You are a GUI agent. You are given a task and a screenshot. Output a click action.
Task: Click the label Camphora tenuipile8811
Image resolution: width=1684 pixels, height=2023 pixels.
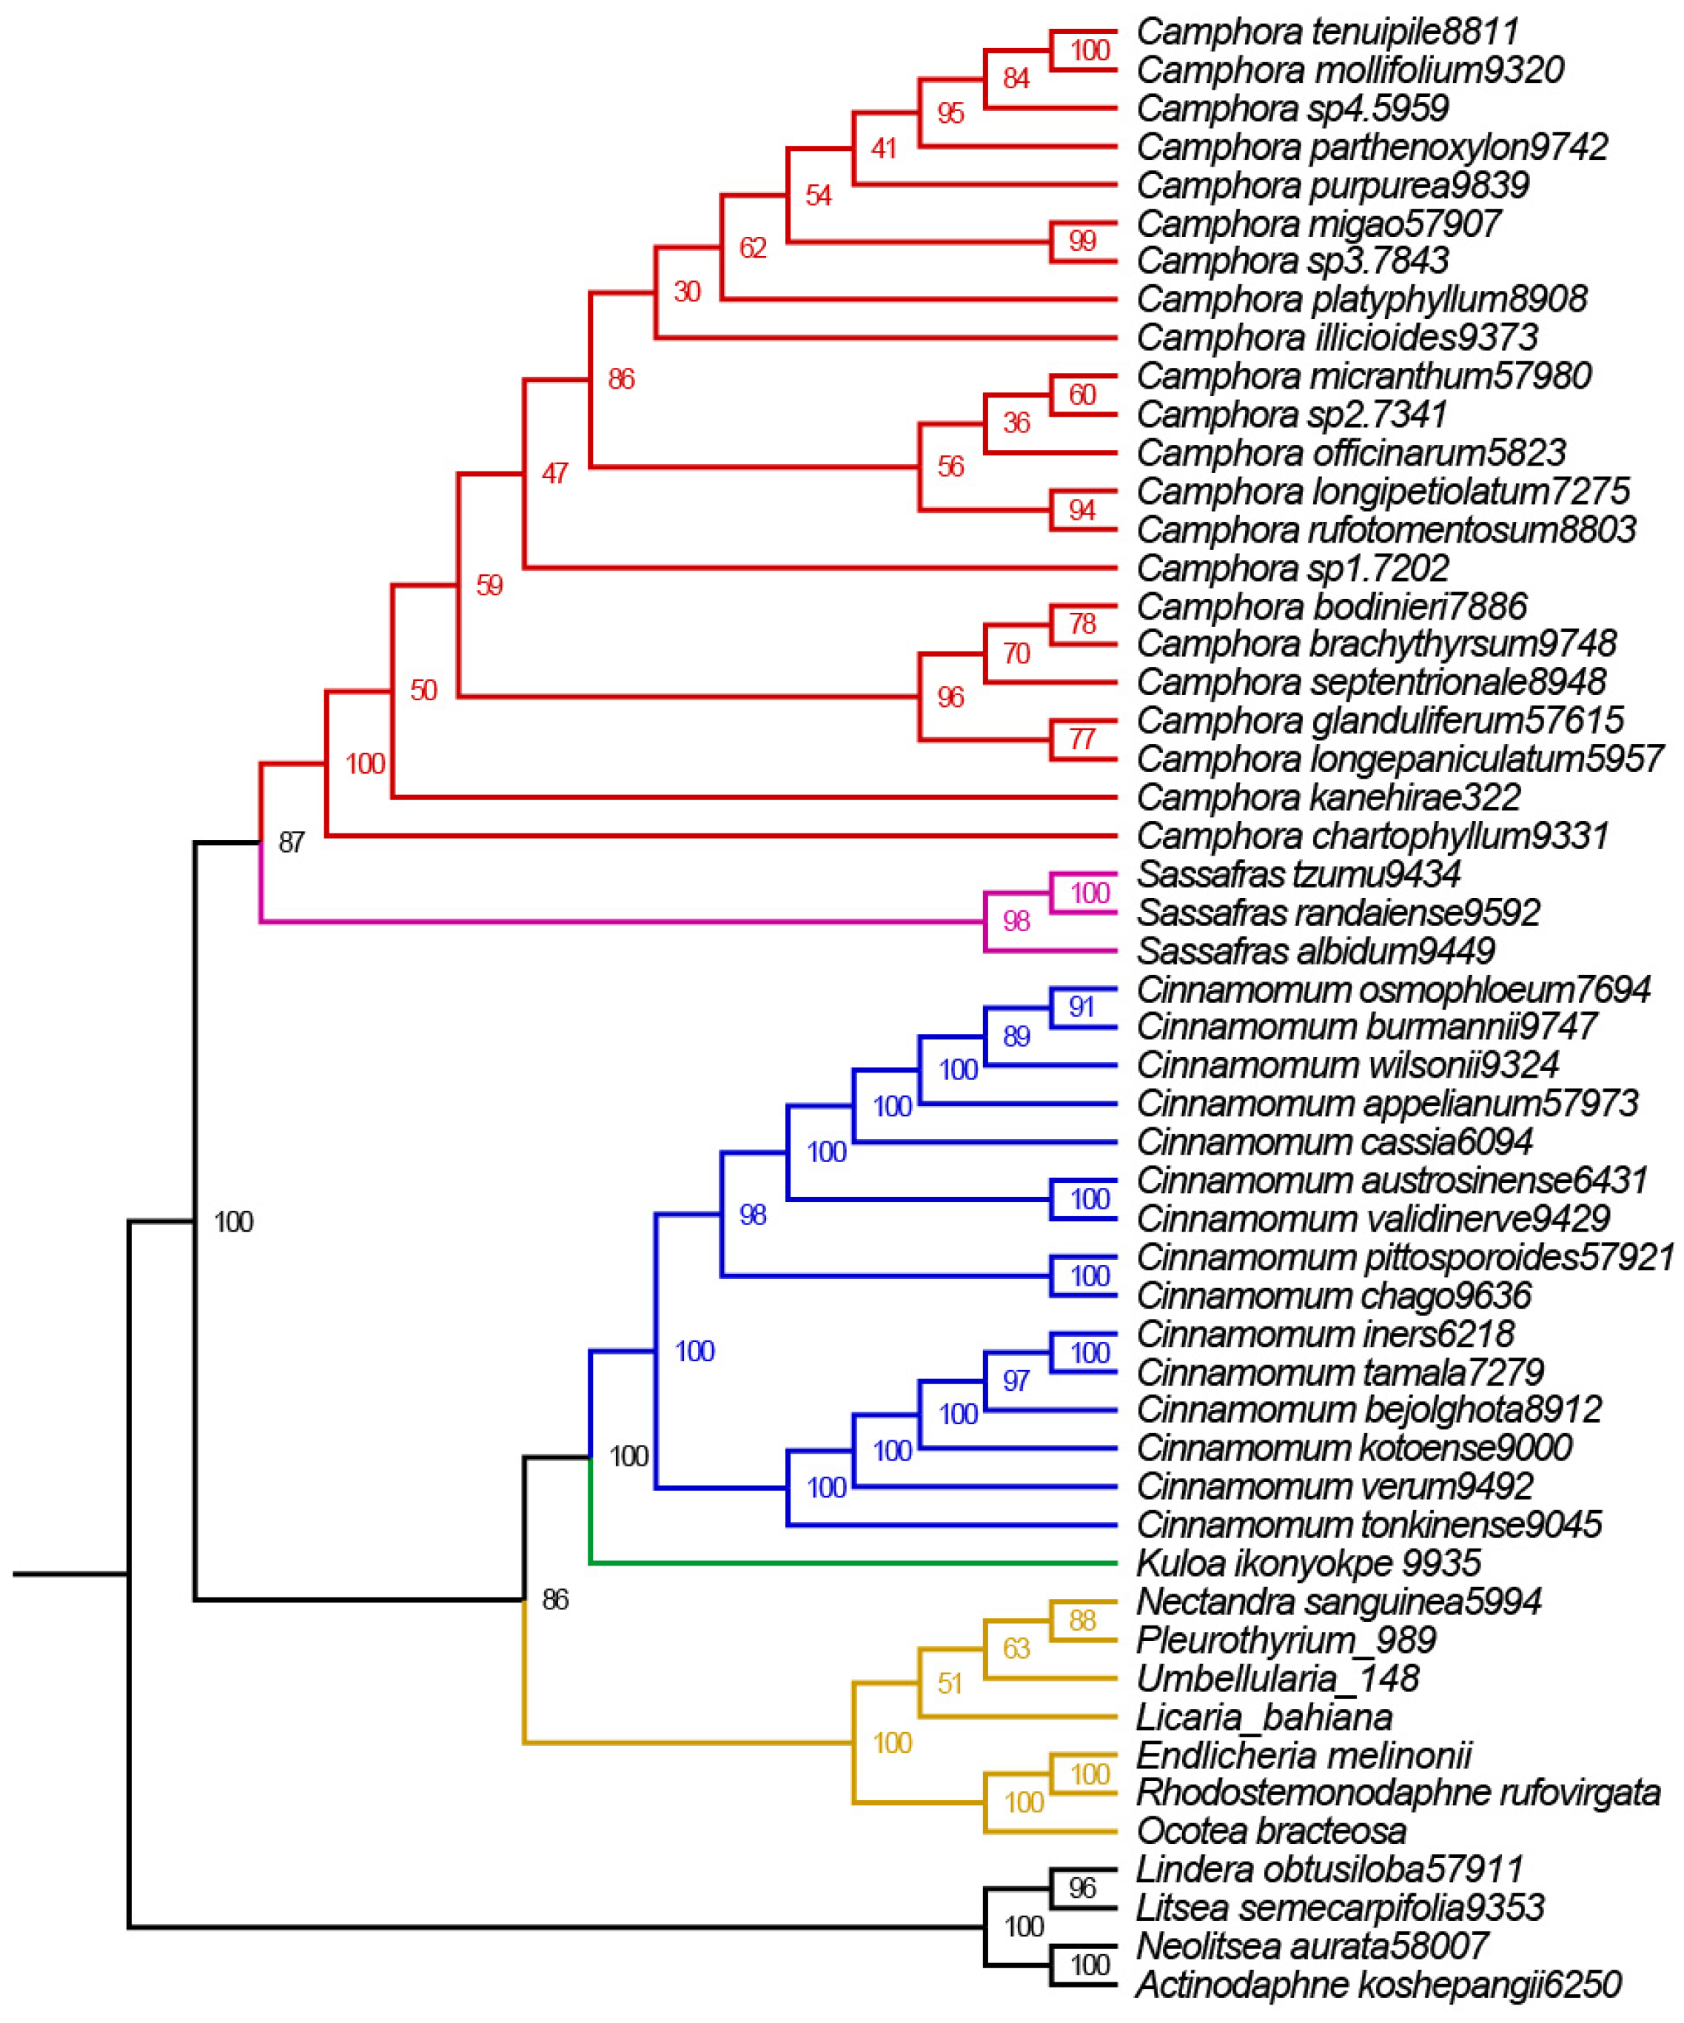click(1326, 32)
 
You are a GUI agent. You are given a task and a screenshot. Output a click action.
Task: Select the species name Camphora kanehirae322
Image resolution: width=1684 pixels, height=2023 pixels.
click(1327, 798)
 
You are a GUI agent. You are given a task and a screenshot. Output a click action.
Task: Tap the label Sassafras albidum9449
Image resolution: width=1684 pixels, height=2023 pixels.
click(1315, 952)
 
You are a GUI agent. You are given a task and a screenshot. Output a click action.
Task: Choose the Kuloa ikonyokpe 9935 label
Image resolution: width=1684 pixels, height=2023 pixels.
click(1308, 1563)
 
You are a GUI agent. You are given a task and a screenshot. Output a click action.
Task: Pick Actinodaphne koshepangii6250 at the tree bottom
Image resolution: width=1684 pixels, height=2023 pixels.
click(1378, 1985)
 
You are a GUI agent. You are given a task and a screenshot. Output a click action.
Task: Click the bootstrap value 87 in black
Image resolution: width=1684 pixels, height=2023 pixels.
click(291, 843)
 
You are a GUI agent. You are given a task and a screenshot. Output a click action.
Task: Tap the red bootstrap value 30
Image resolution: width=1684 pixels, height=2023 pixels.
click(687, 292)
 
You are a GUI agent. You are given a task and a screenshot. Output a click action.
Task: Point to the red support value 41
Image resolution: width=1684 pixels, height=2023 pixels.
click(883, 148)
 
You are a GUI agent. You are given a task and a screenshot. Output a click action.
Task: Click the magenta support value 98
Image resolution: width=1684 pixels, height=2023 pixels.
click(1016, 922)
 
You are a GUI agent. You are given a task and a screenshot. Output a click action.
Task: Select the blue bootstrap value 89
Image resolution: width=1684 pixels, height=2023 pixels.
click(1016, 1036)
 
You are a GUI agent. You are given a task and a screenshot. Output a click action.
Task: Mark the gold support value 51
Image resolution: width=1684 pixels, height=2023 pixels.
click(950, 1684)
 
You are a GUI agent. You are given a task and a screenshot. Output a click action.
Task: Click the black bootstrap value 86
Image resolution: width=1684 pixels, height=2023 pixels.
click(555, 1600)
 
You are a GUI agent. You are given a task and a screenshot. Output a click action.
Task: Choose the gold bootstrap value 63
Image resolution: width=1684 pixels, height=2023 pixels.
click(1016, 1649)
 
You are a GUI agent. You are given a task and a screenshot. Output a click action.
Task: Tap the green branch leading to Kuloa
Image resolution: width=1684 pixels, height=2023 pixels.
click(848, 1563)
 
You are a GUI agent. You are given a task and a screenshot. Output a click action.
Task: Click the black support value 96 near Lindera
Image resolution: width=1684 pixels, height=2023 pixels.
click(1082, 1888)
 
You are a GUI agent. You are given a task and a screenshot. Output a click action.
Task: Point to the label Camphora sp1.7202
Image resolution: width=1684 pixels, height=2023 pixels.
click(1292, 568)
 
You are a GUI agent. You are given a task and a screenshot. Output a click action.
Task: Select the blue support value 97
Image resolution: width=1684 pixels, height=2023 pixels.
click(1016, 1381)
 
